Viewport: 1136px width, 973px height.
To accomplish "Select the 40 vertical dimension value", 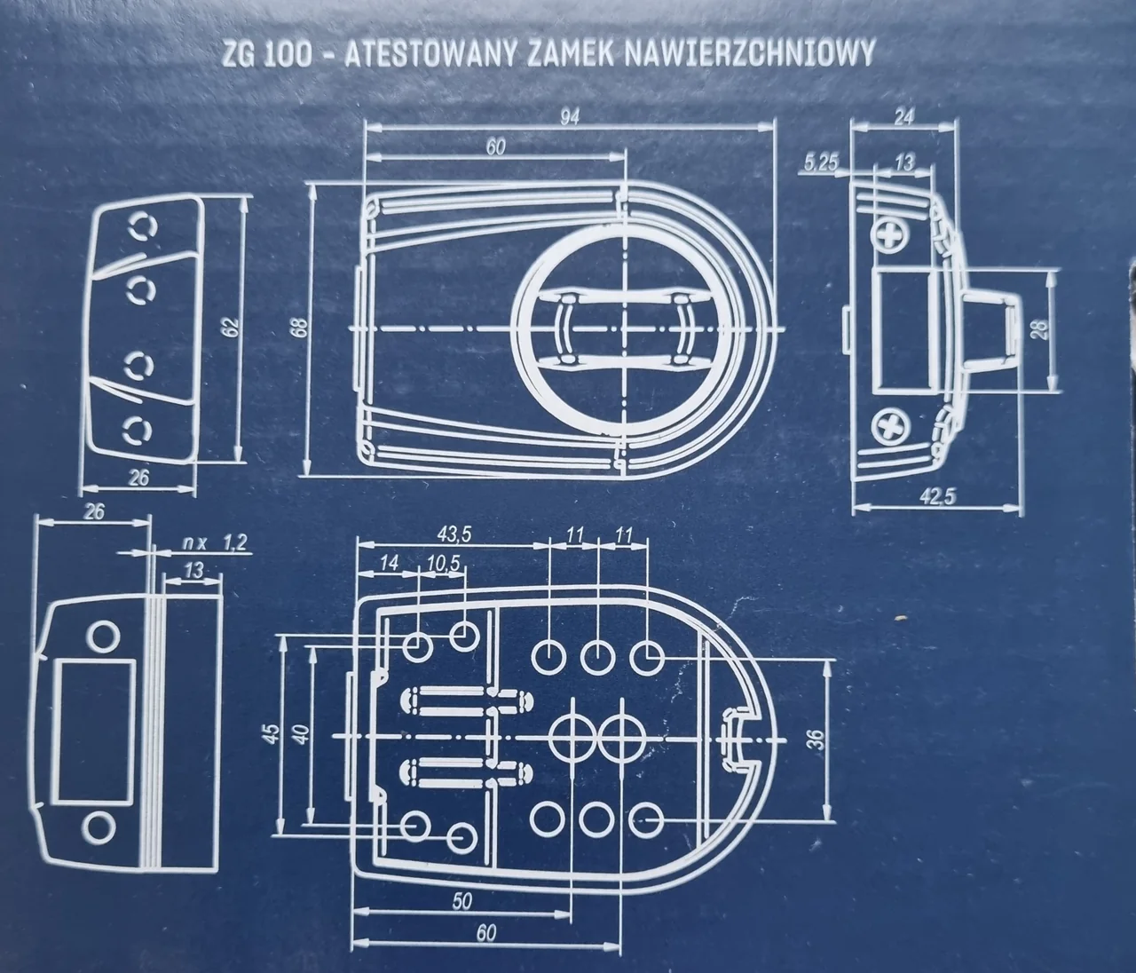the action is point(299,733).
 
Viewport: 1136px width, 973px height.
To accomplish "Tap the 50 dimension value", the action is point(461,900).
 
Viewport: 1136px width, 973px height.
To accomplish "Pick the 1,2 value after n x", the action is point(234,542).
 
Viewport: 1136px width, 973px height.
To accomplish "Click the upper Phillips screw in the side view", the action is point(892,235).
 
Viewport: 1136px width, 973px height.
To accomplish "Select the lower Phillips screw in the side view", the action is point(892,429).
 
